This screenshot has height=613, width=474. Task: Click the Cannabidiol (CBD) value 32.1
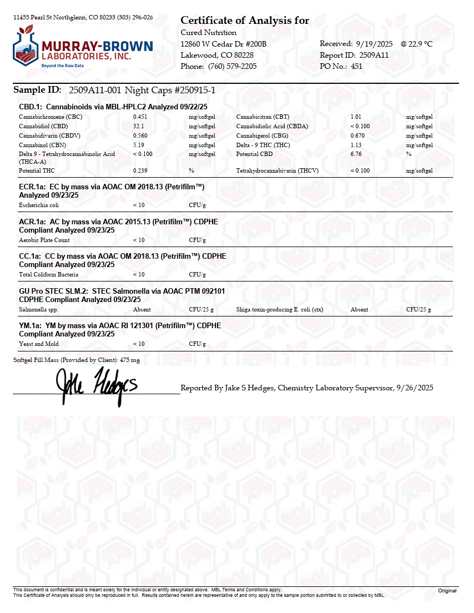[x=138, y=126]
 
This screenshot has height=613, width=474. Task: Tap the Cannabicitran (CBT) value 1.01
[x=356, y=117]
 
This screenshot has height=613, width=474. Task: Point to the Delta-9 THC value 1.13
[x=356, y=145]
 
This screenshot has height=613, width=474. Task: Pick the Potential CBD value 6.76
[x=356, y=154]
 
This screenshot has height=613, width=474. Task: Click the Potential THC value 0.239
[x=140, y=170]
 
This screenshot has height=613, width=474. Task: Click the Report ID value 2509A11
[x=374, y=55]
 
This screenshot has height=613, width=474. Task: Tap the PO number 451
[x=357, y=66]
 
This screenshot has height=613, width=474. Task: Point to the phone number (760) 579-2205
[x=233, y=66]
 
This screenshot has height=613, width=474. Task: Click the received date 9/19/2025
[x=375, y=43]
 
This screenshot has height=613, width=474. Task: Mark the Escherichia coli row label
[x=39, y=205]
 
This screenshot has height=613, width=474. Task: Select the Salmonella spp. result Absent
[x=142, y=309]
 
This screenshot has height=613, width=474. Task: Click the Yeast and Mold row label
[x=39, y=344]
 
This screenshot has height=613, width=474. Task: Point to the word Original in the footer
[x=447, y=591]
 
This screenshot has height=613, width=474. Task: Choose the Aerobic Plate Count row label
[x=44, y=240]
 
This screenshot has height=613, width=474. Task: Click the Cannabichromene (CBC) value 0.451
[x=140, y=117]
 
